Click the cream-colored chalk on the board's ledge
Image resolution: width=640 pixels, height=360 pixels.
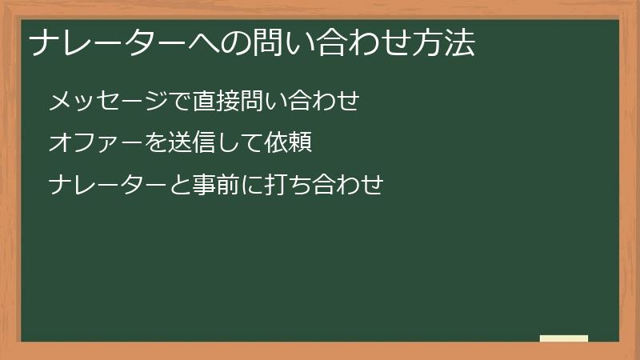564,338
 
